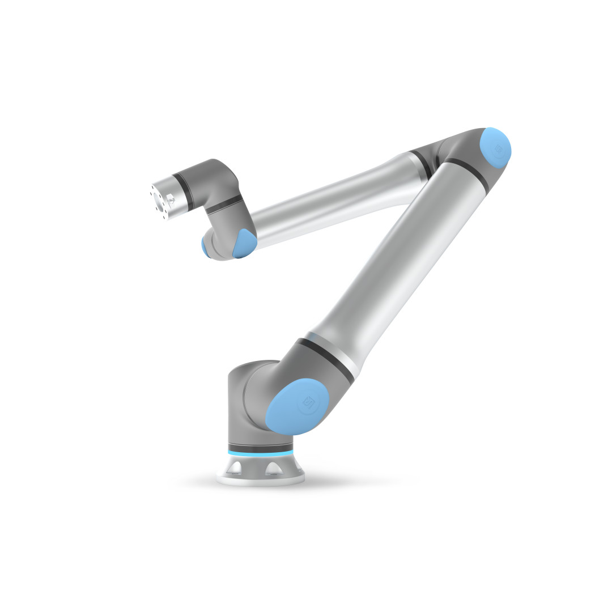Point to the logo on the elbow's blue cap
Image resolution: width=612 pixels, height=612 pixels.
(498, 149)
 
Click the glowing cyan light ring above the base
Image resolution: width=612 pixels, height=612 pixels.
(261, 453)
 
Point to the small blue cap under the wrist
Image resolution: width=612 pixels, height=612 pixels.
(205, 248)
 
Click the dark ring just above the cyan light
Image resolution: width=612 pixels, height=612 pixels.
(260, 447)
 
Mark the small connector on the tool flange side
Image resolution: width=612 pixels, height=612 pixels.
(170, 199)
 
